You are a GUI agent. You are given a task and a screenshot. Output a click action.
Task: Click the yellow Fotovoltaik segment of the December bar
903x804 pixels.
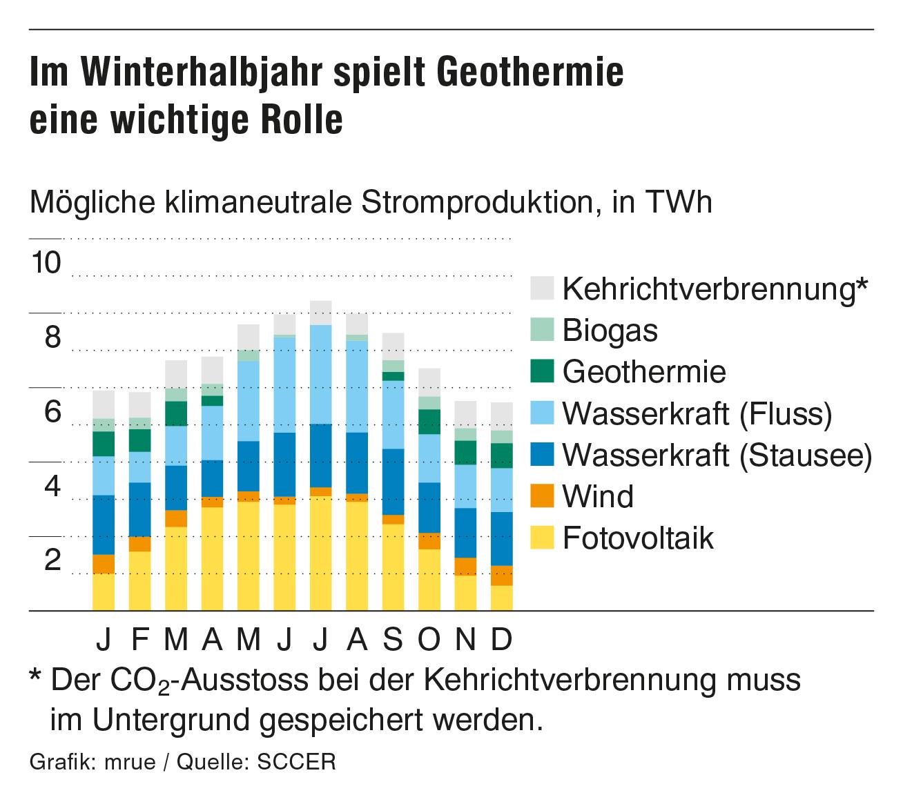pyautogui.click(x=502, y=598)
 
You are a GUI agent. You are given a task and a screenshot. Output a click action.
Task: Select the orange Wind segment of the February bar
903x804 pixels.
pyautogui.click(x=140, y=544)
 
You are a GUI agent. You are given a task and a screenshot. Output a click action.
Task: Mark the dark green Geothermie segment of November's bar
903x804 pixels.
pyautogui.click(x=465, y=453)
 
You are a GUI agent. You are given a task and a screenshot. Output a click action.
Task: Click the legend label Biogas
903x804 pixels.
pyautogui.click(x=610, y=331)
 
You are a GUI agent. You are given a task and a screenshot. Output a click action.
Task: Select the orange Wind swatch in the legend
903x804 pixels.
pyautogui.click(x=542, y=496)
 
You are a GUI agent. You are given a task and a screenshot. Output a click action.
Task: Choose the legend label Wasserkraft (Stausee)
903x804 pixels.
pyautogui.click(x=717, y=455)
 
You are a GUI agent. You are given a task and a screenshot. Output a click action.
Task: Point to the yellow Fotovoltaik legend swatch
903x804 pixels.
pyautogui.click(x=542, y=538)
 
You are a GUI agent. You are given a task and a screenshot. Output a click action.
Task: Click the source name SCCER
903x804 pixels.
pyautogui.click(x=296, y=763)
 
